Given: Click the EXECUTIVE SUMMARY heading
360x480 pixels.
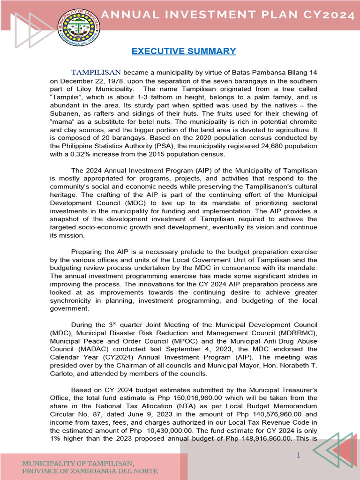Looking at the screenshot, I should [184, 51].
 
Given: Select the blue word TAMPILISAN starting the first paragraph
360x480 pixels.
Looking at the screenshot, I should [96, 72].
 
